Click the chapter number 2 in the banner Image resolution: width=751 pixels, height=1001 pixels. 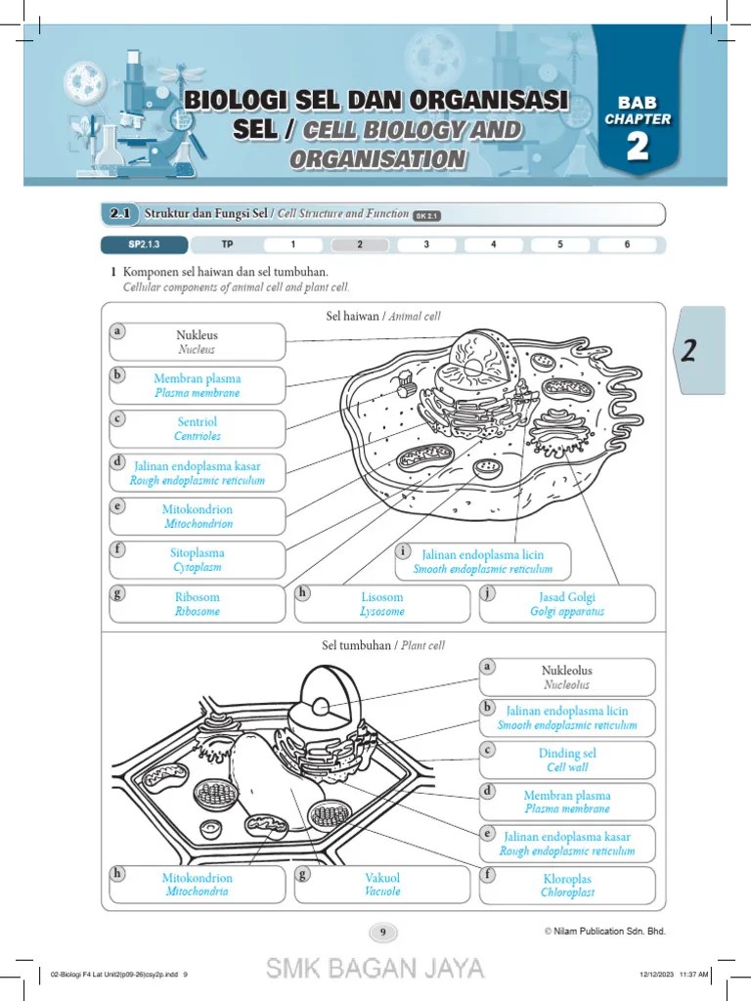tap(638, 147)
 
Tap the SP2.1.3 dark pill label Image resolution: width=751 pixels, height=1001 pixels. tap(143, 244)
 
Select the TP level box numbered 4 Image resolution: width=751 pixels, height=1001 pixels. tap(493, 244)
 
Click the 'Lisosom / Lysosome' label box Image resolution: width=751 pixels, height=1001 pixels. tap(381, 604)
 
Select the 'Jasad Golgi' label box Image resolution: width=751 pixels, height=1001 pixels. tap(567, 604)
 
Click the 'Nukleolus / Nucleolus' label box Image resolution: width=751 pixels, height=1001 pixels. tap(567, 677)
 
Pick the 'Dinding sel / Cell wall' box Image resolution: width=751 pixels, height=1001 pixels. tap(567, 761)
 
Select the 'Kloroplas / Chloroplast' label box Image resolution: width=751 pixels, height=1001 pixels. tap(567, 886)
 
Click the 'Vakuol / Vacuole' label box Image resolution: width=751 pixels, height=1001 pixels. tap(381, 885)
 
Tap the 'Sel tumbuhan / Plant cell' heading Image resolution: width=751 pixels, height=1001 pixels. tap(383, 646)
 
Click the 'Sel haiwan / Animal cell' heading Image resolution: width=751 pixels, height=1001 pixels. tap(383, 316)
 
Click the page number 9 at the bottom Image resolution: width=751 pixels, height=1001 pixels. tap(382, 932)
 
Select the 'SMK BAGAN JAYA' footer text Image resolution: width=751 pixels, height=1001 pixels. tap(375, 969)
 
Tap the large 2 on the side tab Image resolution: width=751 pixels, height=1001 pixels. tap(689, 351)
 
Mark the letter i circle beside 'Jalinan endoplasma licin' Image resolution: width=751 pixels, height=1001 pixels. tap(402, 551)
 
